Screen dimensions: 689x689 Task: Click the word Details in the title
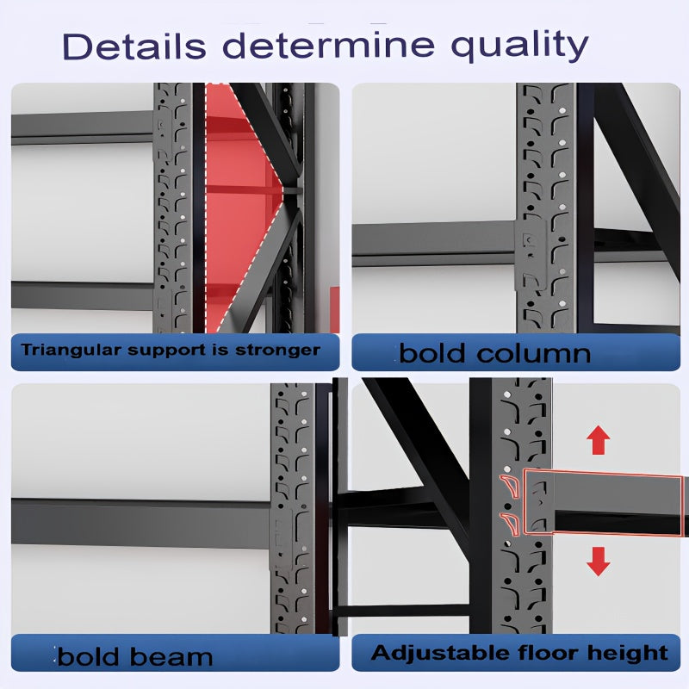click(x=134, y=46)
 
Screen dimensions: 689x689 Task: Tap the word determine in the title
click(x=329, y=46)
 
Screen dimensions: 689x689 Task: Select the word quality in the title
click(x=520, y=47)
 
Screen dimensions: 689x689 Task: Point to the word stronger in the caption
click(x=277, y=351)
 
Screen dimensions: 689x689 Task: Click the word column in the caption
click(x=534, y=353)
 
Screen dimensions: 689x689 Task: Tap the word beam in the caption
click(x=171, y=656)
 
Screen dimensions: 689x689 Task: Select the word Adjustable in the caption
click(x=441, y=653)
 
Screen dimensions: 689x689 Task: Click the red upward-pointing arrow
click(x=598, y=440)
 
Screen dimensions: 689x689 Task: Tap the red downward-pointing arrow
click(x=598, y=562)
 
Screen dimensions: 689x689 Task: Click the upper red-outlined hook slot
click(x=510, y=486)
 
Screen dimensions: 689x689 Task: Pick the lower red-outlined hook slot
click(x=510, y=525)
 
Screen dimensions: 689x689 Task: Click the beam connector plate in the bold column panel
click(x=531, y=255)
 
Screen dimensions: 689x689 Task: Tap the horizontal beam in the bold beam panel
click(x=140, y=524)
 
